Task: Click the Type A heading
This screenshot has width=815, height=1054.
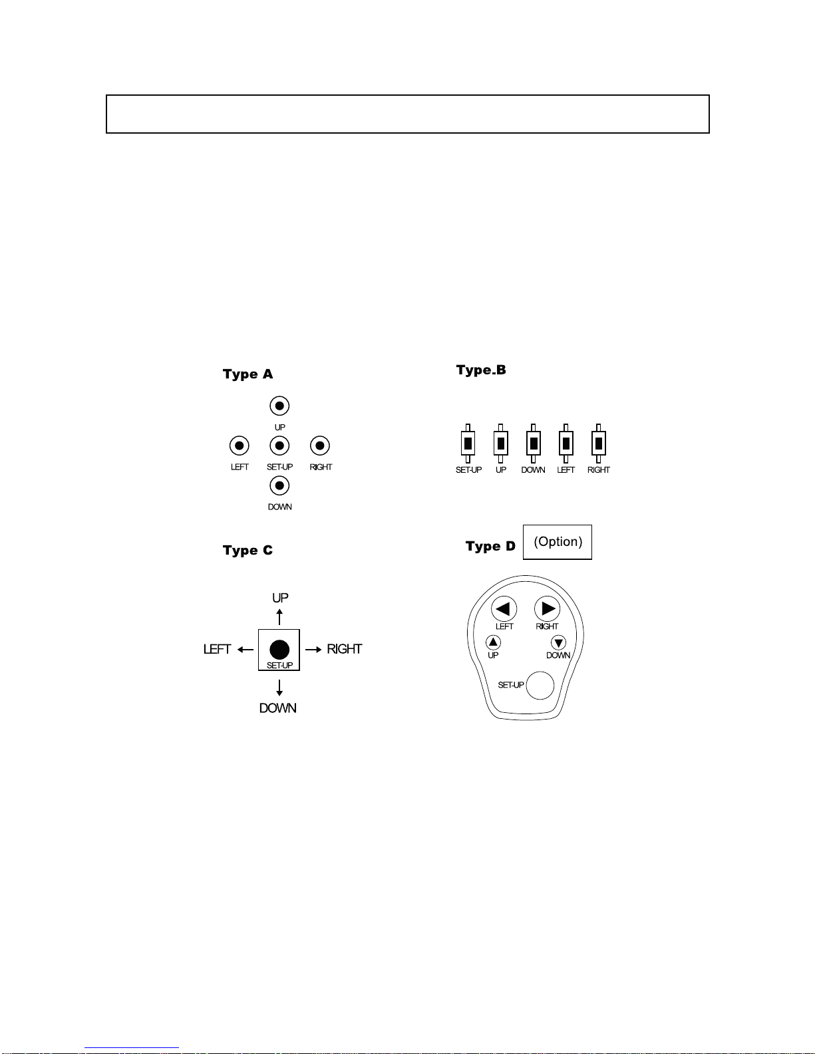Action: [x=248, y=374]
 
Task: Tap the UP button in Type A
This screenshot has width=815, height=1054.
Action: [x=279, y=406]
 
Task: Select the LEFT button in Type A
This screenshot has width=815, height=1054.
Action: [x=239, y=446]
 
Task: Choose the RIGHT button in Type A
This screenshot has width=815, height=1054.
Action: [x=320, y=446]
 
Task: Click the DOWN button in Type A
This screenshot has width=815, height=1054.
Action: [x=279, y=485]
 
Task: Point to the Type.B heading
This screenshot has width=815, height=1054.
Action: [x=481, y=370]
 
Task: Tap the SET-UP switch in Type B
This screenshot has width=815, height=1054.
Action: [x=468, y=444]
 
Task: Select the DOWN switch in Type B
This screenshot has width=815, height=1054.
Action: [x=533, y=444]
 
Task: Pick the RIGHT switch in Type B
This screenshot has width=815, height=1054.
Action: [x=598, y=444]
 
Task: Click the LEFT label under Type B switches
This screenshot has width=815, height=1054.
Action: [x=566, y=470]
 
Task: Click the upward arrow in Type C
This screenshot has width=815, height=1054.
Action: [x=279, y=617]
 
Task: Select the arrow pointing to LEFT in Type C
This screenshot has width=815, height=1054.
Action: [x=245, y=650]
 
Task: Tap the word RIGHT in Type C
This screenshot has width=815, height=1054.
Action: [x=345, y=649]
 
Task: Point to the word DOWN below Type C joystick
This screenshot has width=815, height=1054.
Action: [x=278, y=708]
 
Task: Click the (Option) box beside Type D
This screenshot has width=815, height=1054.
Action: [x=558, y=542]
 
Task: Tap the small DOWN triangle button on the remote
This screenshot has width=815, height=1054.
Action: [x=558, y=642]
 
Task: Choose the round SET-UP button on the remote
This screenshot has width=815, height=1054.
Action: [x=540, y=686]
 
